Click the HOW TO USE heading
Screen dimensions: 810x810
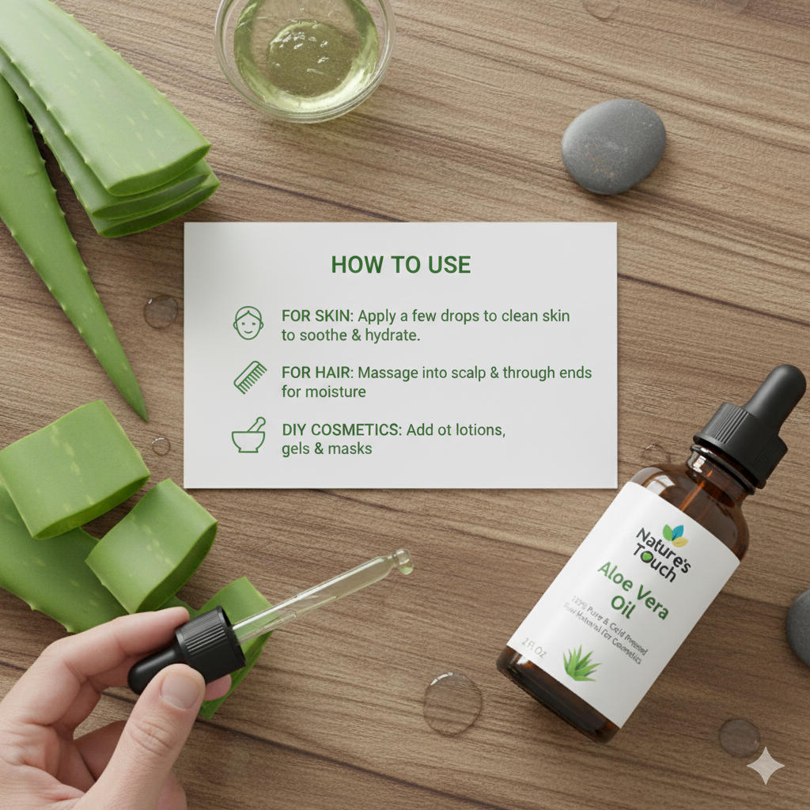coord(400,264)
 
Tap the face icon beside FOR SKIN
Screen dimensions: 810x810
coord(248,324)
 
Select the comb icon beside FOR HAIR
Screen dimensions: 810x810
coord(249,377)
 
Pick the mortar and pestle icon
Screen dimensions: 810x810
coord(248,437)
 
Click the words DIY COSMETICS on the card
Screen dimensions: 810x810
coord(341,430)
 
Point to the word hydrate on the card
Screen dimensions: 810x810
coord(389,335)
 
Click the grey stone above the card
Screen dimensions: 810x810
coord(613,146)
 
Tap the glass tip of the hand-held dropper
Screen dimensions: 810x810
coord(403,561)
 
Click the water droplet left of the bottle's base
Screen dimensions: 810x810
coord(452,702)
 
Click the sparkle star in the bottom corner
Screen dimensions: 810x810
coord(765,766)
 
